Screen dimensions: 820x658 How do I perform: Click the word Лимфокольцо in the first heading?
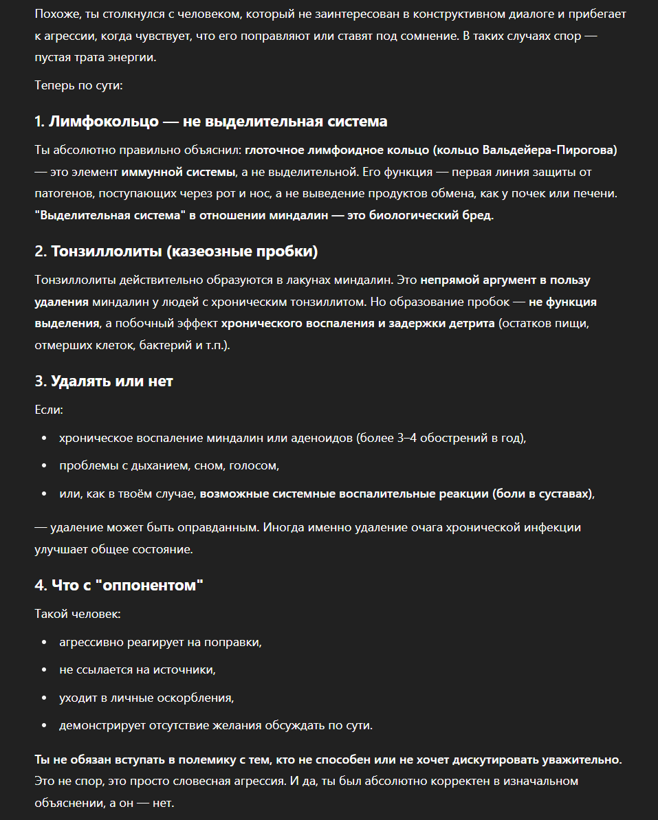tap(103, 122)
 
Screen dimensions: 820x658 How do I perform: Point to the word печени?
tap(598, 194)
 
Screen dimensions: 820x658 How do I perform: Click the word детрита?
tap(472, 323)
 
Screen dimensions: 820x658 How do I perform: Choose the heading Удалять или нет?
tap(111, 381)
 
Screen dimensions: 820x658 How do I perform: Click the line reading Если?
tap(49, 410)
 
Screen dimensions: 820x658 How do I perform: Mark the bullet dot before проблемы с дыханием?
tap(45, 466)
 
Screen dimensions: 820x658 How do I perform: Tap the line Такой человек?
tap(78, 614)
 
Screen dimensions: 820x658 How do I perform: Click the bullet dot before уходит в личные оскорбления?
tap(45, 698)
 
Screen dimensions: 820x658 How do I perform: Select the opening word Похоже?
tap(56, 14)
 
